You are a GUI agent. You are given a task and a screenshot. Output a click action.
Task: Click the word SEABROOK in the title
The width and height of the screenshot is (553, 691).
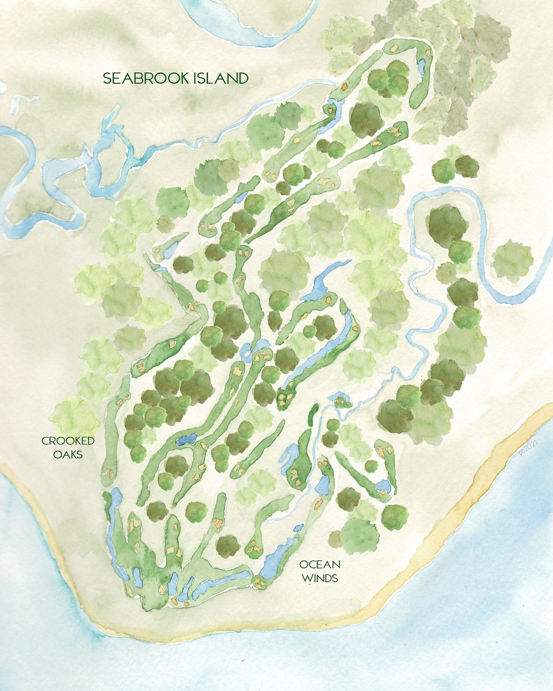(x=146, y=78)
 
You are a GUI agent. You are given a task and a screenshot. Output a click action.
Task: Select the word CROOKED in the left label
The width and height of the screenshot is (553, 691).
(x=68, y=441)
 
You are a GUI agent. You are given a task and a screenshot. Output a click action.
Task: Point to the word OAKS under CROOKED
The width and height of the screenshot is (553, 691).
(x=68, y=454)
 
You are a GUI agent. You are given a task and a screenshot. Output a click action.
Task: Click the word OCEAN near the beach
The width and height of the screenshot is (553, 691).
(x=320, y=565)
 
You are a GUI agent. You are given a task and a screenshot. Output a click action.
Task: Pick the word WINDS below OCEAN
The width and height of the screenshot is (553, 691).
(x=320, y=578)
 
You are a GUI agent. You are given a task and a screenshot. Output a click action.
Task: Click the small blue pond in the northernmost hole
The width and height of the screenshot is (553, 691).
(x=422, y=67)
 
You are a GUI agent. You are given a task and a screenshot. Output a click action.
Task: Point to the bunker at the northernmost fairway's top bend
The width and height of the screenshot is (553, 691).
(x=394, y=47)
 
